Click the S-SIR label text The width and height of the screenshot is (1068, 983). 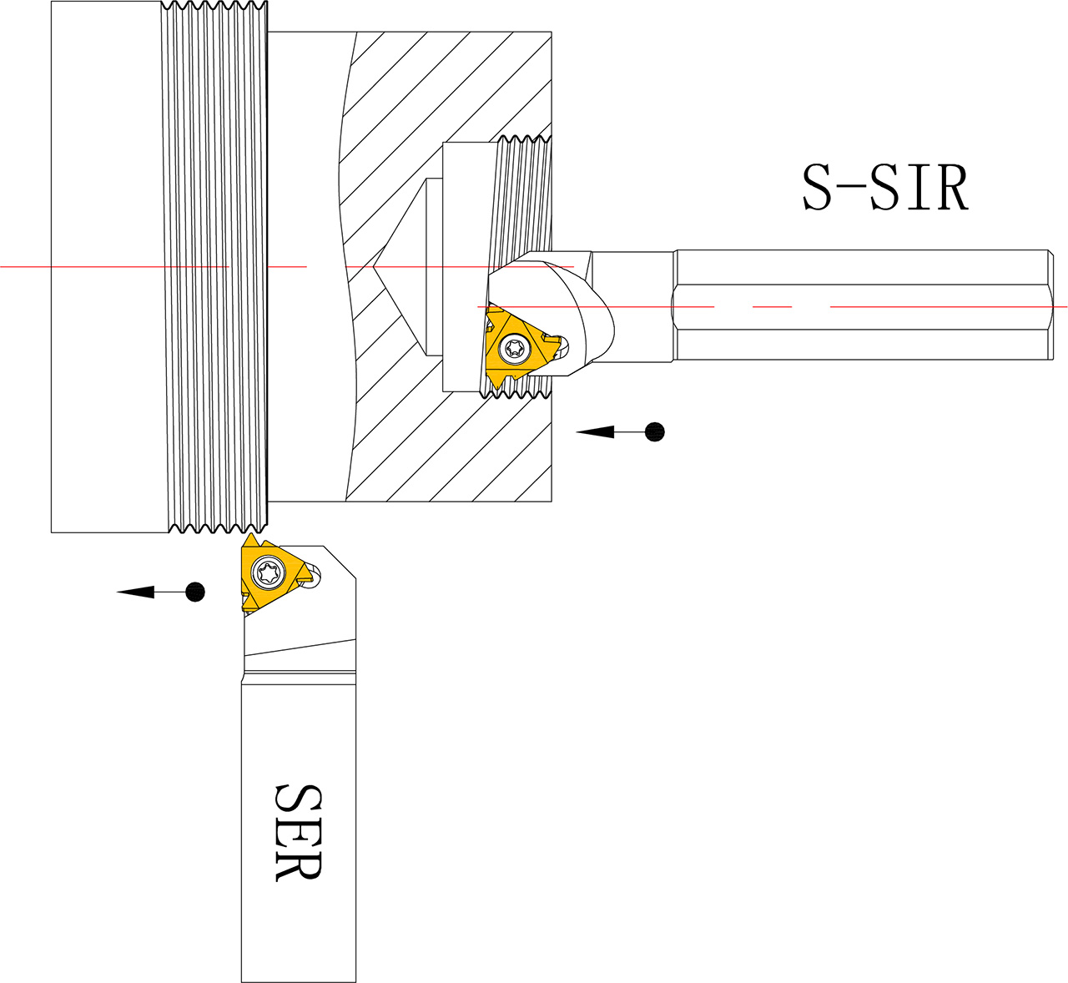tap(884, 188)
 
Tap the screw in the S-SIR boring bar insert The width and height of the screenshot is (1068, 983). tap(515, 349)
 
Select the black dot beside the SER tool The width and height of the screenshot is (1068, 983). tap(195, 592)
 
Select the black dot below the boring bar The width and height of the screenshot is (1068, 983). tap(654, 431)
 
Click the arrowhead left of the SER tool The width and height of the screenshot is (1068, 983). tap(135, 592)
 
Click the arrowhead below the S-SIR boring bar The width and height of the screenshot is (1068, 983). tap(595, 431)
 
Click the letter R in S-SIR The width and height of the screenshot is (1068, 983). tap(951, 188)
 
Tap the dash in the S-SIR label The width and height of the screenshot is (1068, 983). tap(851, 186)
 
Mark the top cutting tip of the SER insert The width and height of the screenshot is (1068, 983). tap(250, 533)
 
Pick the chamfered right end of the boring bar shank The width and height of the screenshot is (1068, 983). tap(1050, 305)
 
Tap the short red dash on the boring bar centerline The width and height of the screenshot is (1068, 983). tap(772, 307)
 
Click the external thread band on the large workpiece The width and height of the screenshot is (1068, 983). tap(214, 266)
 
